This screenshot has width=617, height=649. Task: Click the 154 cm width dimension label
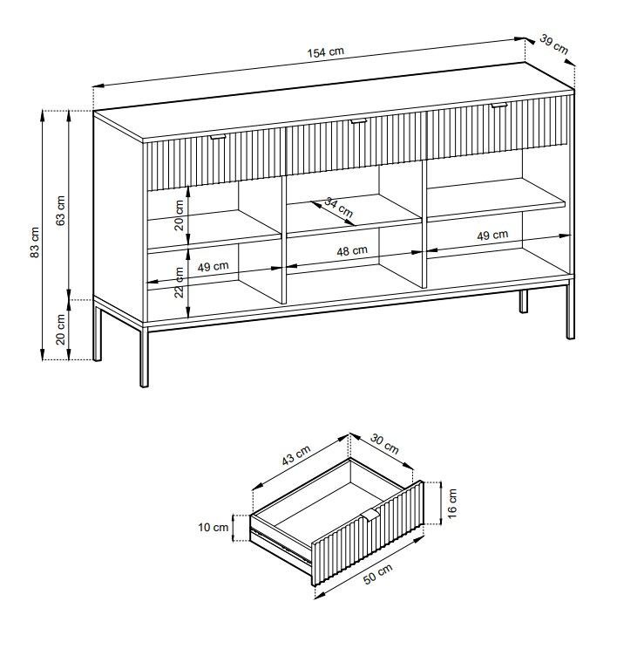tap(325, 51)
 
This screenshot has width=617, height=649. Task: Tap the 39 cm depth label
tap(553, 44)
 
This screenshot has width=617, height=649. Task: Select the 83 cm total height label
tap(35, 243)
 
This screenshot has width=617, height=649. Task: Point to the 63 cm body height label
tap(60, 210)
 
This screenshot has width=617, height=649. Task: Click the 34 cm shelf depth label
tap(339, 208)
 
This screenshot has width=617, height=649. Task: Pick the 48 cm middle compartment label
tap(352, 250)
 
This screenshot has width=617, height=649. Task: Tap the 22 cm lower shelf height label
tap(179, 283)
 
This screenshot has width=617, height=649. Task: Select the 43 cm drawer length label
tap(295, 455)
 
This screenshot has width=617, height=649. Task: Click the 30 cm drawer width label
tap(384, 444)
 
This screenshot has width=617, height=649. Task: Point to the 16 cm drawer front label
tap(452, 503)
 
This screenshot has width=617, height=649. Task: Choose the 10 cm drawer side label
tap(214, 527)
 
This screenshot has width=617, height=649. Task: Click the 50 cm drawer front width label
tap(377, 574)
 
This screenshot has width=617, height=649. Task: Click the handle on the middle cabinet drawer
tap(358, 121)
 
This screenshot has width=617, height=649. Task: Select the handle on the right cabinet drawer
tap(499, 106)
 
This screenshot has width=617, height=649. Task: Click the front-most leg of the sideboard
tap(144, 357)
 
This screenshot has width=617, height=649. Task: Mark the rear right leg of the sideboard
tap(524, 301)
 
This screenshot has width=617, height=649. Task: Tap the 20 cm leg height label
tap(60, 330)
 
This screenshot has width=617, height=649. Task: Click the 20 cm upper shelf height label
tap(179, 215)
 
